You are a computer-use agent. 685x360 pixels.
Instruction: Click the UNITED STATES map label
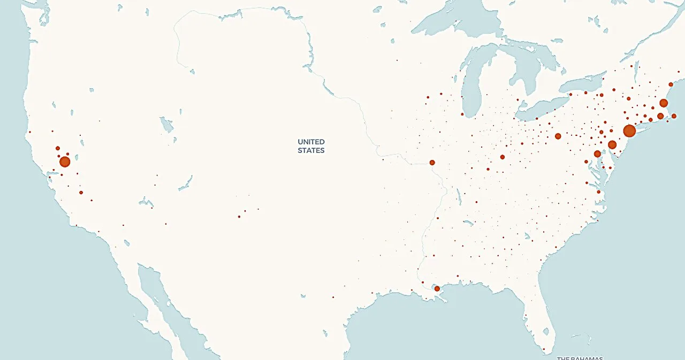point(311,146)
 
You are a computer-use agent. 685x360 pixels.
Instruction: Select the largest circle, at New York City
point(629,131)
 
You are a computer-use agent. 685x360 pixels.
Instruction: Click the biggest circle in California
point(65,162)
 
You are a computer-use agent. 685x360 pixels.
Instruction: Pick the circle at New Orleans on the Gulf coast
point(437,288)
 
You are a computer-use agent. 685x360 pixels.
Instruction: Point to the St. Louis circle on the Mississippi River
point(432,162)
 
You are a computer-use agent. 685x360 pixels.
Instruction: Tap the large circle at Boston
point(664,103)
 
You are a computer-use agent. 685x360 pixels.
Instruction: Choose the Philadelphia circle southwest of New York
point(612,144)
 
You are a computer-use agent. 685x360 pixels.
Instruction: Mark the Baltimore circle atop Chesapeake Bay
point(597,154)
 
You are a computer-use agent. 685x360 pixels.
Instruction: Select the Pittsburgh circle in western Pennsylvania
point(558,136)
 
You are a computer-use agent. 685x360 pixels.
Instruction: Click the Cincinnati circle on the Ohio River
point(503,157)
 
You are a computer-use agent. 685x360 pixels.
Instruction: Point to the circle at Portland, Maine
point(671,85)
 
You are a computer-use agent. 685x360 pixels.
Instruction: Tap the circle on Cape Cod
point(674,116)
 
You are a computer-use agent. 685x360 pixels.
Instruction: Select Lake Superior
point(450,21)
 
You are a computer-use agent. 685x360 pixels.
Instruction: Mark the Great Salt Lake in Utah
point(167,125)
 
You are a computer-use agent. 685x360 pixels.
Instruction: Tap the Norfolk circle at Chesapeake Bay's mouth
point(599,192)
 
